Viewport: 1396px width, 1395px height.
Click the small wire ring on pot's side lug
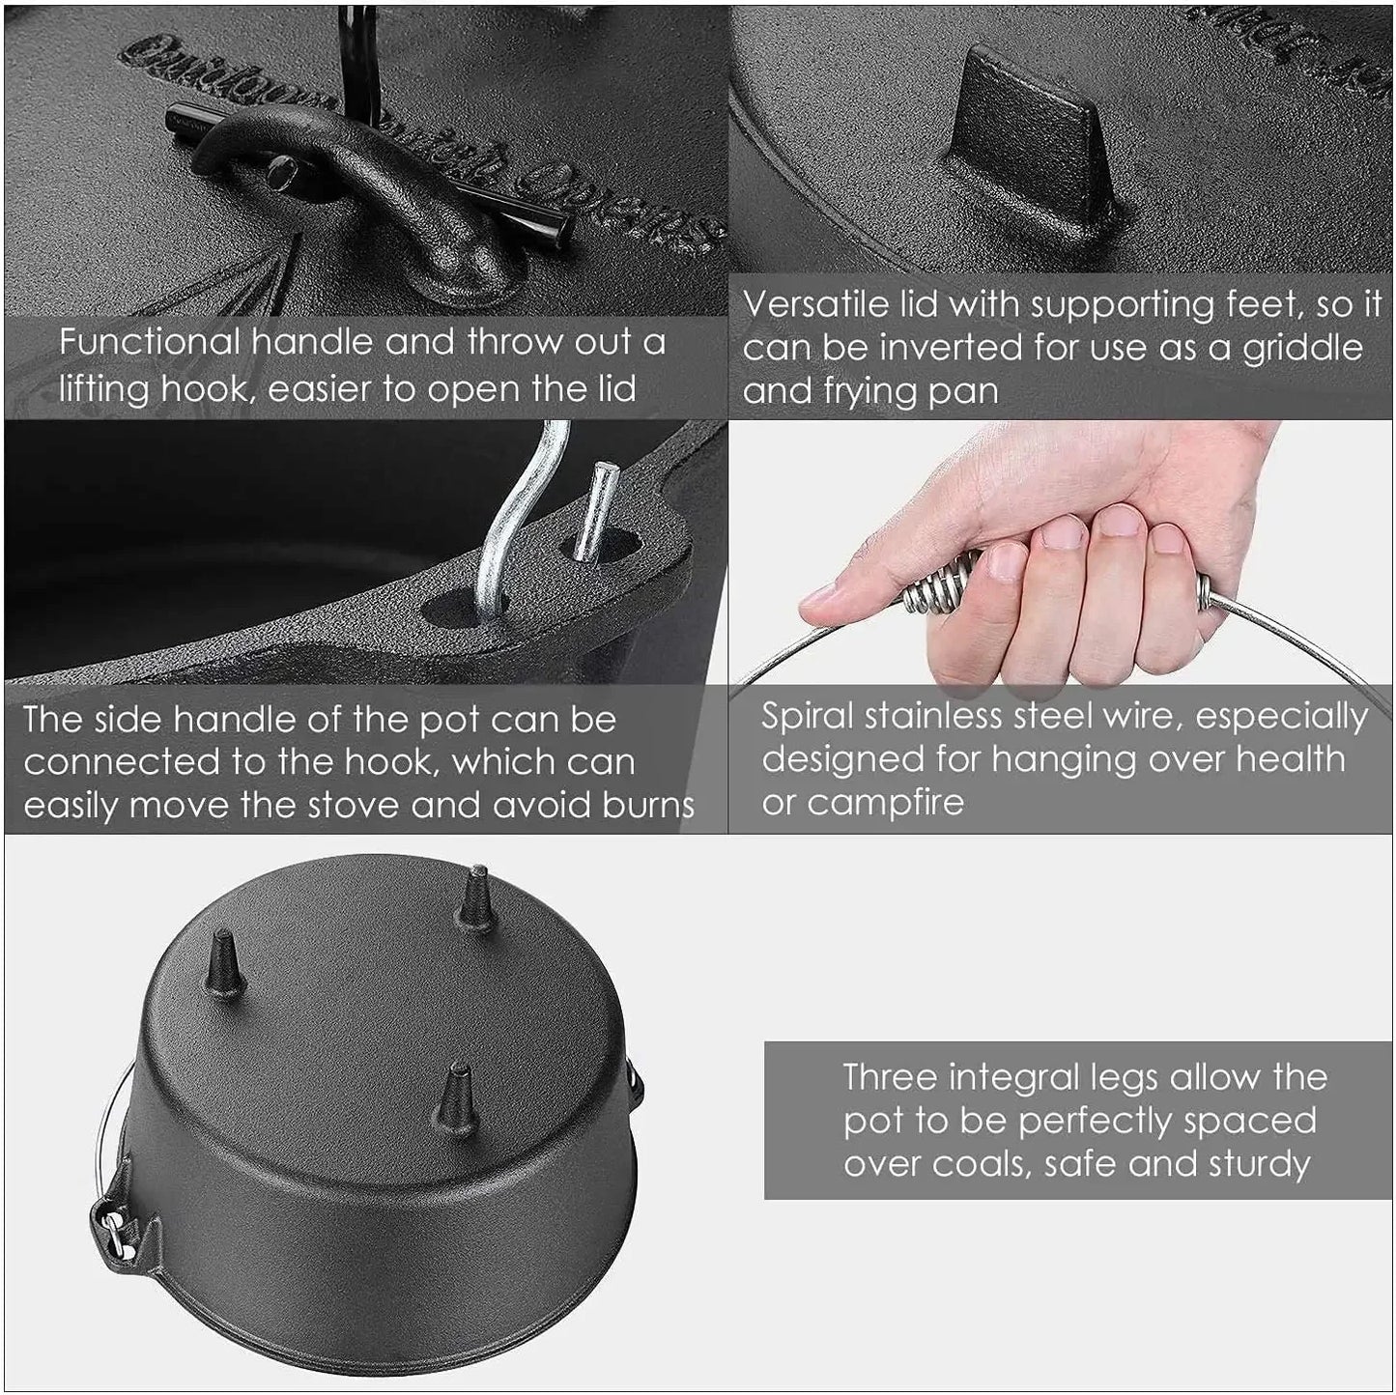pos(115,1232)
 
